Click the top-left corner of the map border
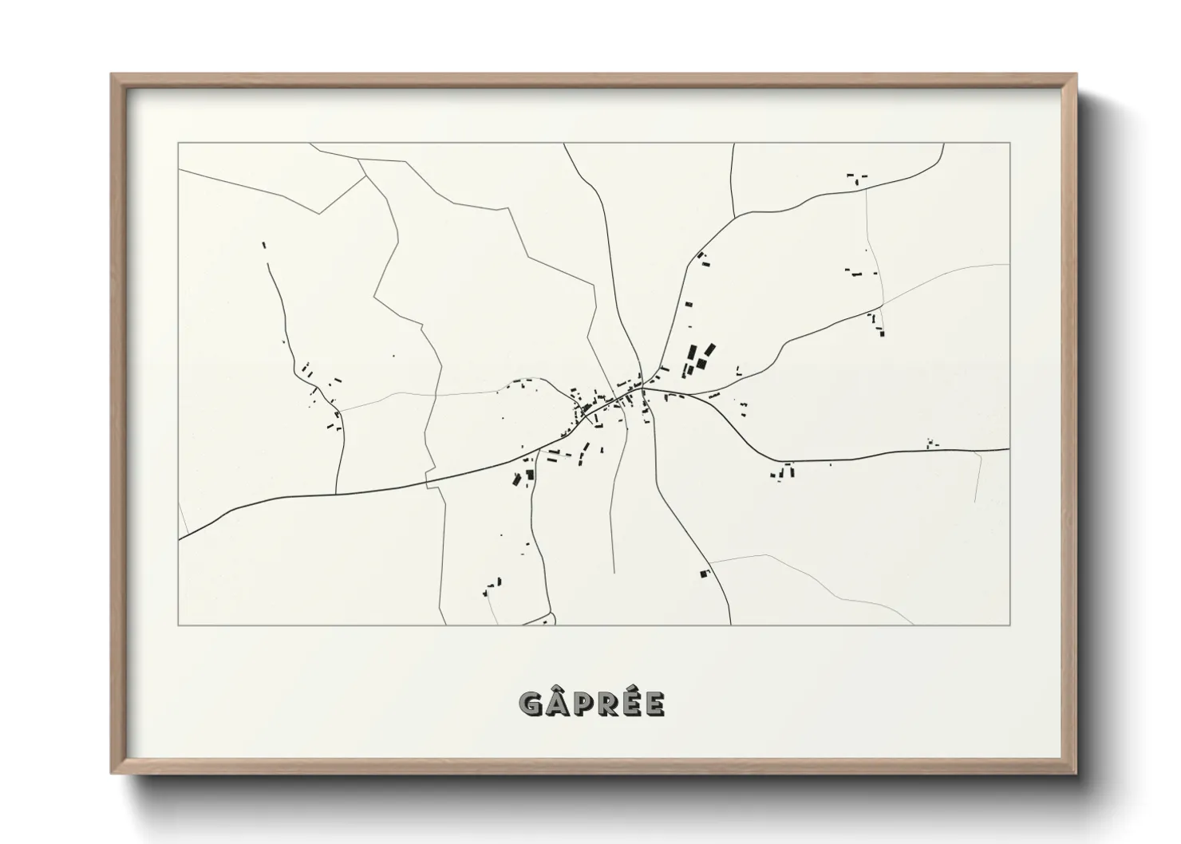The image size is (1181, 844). point(179,144)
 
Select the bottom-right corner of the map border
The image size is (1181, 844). point(1010,625)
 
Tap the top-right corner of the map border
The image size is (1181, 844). point(1010,144)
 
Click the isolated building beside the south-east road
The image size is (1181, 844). point(704,573)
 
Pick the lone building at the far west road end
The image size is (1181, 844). point(264,245)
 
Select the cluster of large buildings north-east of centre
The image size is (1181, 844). point(697,360)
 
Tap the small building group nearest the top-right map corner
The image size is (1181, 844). point(857,177)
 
